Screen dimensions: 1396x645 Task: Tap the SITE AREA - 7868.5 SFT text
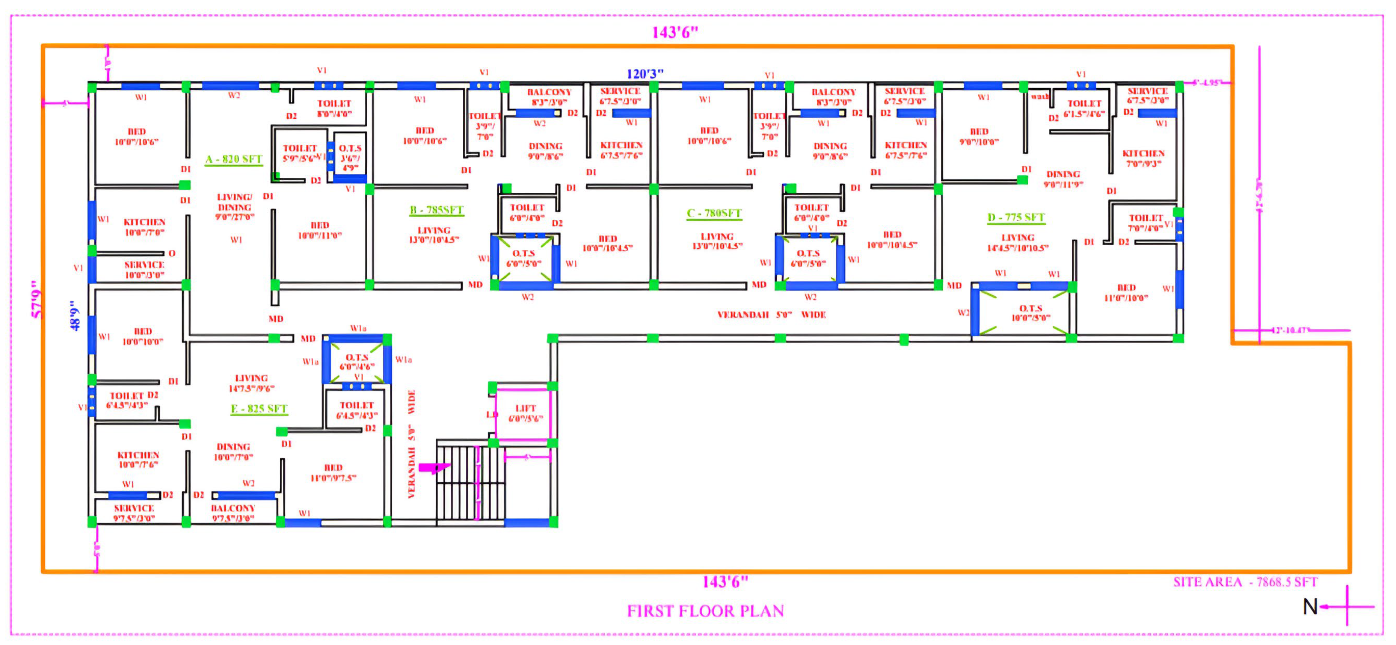pyautogui.click(x=1245, y=582)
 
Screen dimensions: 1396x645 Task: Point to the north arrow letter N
pyautogui.click(x=1310, y=607)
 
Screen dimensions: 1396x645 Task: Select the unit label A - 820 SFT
pyautogui.click(x=234, y=159)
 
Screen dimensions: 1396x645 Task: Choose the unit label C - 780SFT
pyautogui.click(x=714, y=213)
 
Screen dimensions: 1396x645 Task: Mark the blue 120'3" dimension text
pyautogui.click(x=645, y=74)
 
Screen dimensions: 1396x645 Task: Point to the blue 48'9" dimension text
pyautogui.click(x=75, y=316)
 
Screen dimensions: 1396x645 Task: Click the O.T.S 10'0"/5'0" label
pyautogui.click(x=1030, y=313)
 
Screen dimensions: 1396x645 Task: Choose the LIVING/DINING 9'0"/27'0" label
pyautogui.click(x=235, y=207)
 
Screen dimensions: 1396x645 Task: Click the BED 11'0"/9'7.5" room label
pyautogui.click(x=333, y=472)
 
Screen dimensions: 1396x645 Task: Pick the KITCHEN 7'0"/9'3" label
pyautogui.click(x=1144, y=158)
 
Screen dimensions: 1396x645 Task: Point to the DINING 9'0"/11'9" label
pyautogui.click(x=1063, y=179)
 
